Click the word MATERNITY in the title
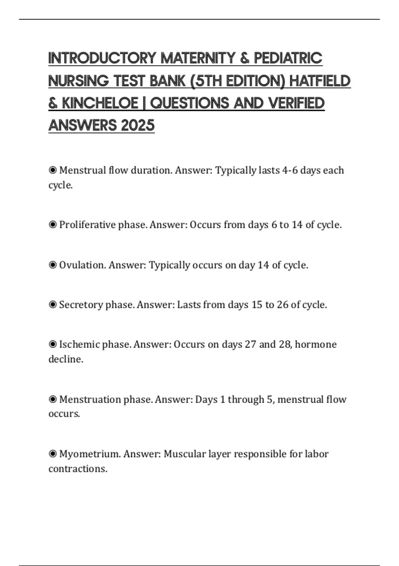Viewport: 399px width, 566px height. click(x=198, y=58)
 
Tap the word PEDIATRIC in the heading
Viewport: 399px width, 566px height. click(x=288, y=58)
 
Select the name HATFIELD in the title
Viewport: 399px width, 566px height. click(x=320, y=81)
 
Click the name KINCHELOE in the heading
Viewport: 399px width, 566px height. click(x=100, y=103)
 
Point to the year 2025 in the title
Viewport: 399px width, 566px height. click(x=138, y=126)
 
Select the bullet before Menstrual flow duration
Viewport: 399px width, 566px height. click(x=53, y=170)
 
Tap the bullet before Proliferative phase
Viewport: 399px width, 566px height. click(x=53, y=225)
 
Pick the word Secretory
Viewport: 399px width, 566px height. click(x=81, y=305)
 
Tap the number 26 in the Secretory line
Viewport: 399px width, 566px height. click(x=282, y=305)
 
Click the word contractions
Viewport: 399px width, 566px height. click(x=77, y=469)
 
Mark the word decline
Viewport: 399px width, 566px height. click(x=66, y=359)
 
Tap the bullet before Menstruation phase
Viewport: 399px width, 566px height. click(x=53, y=399)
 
